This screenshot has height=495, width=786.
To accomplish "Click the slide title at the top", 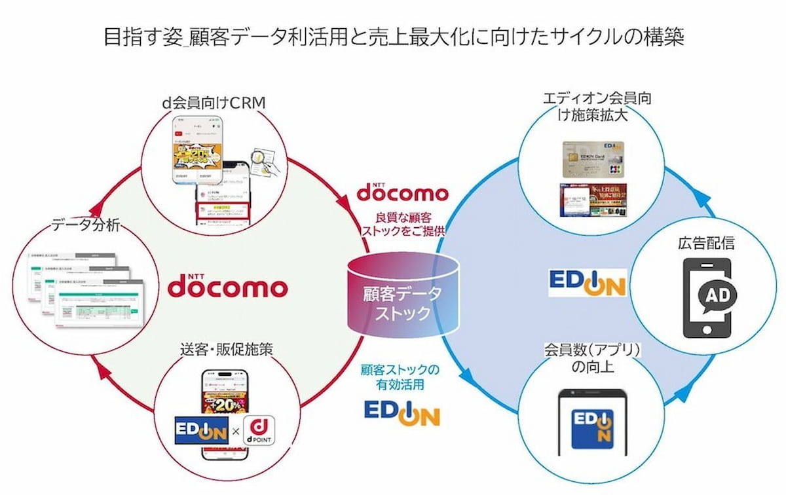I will [x=393, y=35].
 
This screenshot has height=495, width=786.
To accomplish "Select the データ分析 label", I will [x=86, y=227].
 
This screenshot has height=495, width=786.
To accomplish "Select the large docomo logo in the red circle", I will [x=228, y=286].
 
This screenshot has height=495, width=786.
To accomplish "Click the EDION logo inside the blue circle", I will [x=587, y=282].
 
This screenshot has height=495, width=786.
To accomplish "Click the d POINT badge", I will [x=258, y=431].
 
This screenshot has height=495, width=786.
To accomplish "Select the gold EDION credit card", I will [x=591, y=159].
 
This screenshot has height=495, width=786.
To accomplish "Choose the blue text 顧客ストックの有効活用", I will [x=400, y=377].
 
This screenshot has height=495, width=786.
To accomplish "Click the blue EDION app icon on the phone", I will [x=592, y=428].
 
